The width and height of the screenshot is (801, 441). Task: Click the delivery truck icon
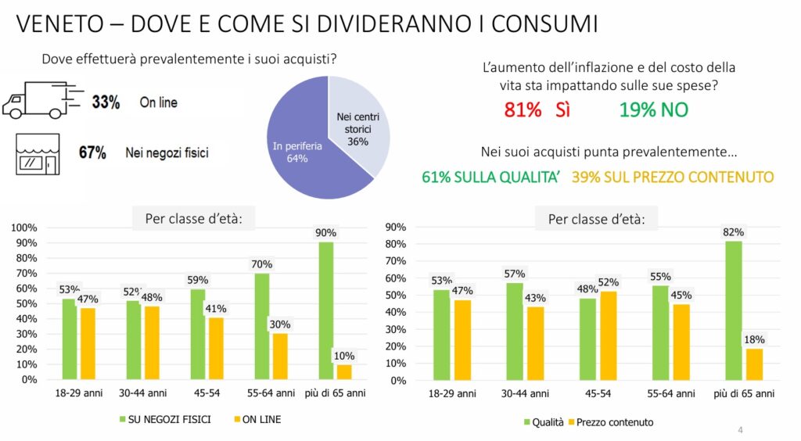[39, 100]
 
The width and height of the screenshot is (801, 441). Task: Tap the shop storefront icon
[38, 152]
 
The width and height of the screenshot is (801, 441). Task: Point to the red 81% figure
[523, 110]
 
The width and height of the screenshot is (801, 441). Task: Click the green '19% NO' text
[653, 110]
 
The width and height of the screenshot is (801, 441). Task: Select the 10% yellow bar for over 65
[344, 371]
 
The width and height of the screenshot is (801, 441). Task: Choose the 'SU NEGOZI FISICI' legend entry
[164, 419]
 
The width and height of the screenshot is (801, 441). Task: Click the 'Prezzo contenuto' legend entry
[610, 422]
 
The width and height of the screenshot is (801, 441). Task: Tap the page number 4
[740, 430]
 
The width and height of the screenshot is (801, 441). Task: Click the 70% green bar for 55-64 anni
[262, 326]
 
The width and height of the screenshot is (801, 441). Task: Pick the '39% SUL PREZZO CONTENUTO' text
[673, 177]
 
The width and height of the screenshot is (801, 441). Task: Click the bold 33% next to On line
[106, 102]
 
